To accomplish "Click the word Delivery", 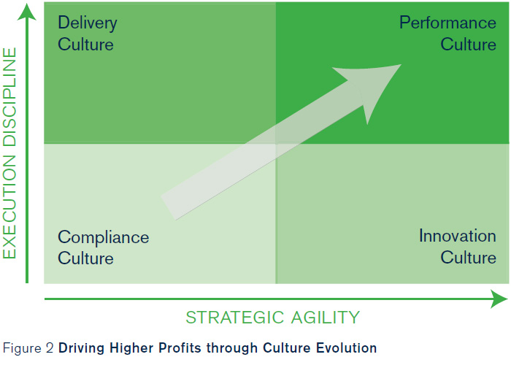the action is point(88,23).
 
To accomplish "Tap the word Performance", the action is point(447,23).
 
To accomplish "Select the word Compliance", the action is point(104,238).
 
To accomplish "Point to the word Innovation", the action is point(458,236).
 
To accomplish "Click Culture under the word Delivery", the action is point(85,44).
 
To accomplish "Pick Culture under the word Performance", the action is point(469,44).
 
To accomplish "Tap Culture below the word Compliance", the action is point(85,258).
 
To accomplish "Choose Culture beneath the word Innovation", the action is point(469,257).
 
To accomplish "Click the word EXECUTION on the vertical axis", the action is point(9,207).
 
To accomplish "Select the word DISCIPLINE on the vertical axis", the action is point(9,97).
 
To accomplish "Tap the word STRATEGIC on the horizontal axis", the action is point(234,318).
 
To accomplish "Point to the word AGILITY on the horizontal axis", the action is point(326,318).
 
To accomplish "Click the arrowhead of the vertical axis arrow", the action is point(27,12).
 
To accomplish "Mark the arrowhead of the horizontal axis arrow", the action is point(499,299).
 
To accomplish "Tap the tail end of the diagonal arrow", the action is point(169,208).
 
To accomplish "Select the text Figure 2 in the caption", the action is point(28,348).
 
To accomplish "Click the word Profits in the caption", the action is point(180,348).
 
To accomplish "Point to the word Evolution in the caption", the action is point(347,348).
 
